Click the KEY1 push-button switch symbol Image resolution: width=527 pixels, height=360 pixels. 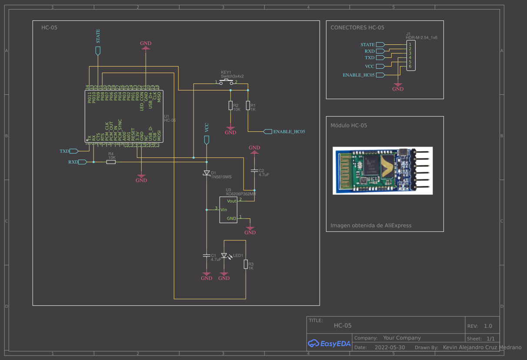226,82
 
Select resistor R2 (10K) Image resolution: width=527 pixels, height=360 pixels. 230,106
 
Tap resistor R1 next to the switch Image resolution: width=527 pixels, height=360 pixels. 248,106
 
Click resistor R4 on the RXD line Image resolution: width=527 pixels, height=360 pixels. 111,162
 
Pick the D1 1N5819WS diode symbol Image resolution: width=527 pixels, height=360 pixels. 207,173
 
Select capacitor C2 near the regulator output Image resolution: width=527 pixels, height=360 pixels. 255,171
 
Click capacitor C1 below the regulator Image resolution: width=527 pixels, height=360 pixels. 207,256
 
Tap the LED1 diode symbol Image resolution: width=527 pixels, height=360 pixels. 224,256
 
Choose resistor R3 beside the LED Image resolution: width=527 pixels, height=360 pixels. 246,264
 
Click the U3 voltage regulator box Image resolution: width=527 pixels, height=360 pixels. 228,210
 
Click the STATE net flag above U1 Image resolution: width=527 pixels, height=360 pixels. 98,50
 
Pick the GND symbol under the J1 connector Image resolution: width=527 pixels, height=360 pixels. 397,87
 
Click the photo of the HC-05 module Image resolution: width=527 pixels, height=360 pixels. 383,170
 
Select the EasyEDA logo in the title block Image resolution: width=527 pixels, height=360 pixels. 329,343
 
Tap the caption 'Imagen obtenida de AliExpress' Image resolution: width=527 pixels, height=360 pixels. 371,225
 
